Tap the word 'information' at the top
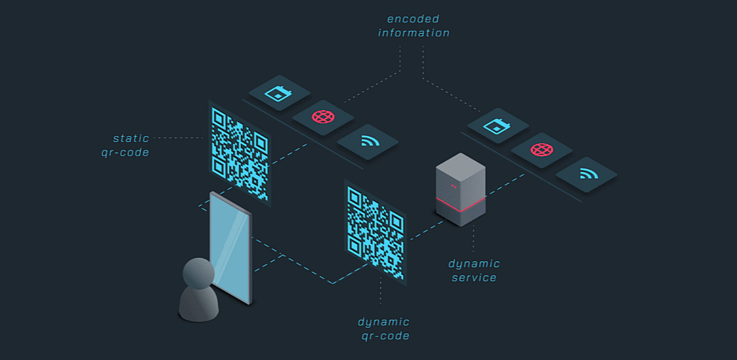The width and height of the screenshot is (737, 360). (414, 32)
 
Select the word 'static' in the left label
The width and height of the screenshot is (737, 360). (130, 138)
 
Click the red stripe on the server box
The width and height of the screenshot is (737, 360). (461, 207)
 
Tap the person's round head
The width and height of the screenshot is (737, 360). (198, 274)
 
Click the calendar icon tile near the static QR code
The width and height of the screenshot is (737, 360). (279, 93)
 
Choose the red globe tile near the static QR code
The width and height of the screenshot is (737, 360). (322, 117)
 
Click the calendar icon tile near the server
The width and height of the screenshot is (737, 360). (497, 126)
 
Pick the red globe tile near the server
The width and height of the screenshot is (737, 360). (541, 150)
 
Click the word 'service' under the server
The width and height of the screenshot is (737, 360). (474, 277)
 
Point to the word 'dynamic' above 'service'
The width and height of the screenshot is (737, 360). (474, 264)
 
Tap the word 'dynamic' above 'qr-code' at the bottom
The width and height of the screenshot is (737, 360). (384, 322)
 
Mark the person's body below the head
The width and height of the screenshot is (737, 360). (199, 305)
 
